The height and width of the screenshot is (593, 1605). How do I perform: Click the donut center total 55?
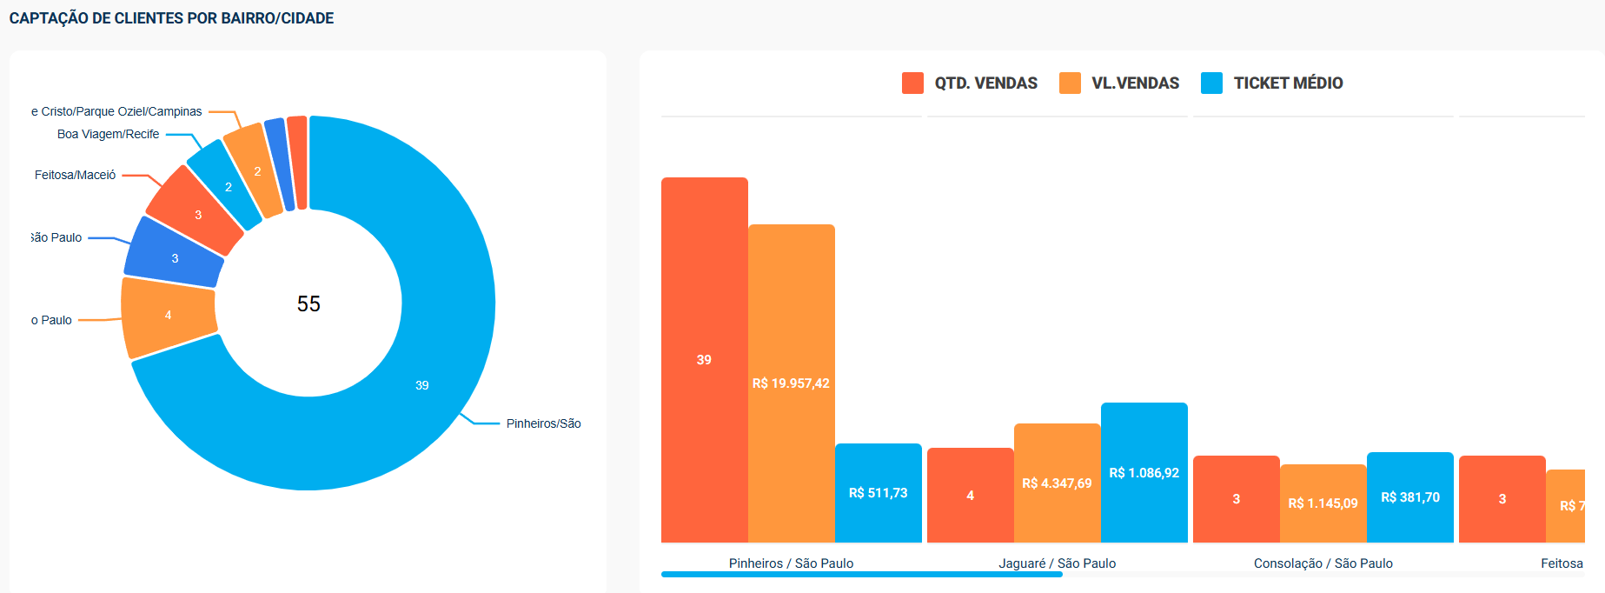pos(308,303)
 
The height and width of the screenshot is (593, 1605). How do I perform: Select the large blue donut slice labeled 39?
pos(421,384)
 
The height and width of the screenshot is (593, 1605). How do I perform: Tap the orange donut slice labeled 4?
pos(169,316)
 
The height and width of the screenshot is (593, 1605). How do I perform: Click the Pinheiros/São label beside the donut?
pos(543,423)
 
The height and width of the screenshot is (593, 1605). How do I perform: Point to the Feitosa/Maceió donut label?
pos(76,175)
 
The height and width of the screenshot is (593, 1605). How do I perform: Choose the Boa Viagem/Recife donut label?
pos(109,134)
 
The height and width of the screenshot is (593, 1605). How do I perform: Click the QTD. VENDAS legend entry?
pos(970,83)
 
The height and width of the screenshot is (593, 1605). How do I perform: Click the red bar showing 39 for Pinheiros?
pos(704,360)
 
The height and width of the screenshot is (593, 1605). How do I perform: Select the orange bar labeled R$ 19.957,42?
pos(791,383)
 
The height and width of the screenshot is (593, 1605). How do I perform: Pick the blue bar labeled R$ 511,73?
pos(878,493)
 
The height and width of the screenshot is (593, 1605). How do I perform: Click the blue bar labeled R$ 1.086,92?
pos(1144,473)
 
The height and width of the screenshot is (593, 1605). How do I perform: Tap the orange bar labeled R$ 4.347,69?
pos(1057,483)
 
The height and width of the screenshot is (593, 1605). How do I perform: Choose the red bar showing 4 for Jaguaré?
pos(970,496)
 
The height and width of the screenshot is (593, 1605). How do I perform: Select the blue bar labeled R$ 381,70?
pos(1409,497)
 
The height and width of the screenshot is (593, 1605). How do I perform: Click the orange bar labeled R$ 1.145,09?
pos(1323,503)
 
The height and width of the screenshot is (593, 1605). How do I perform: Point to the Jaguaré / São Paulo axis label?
pos(1057,563)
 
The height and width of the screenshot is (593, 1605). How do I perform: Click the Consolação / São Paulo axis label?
pos(1323,563)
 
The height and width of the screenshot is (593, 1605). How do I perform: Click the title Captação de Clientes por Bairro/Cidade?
pos(171,18)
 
